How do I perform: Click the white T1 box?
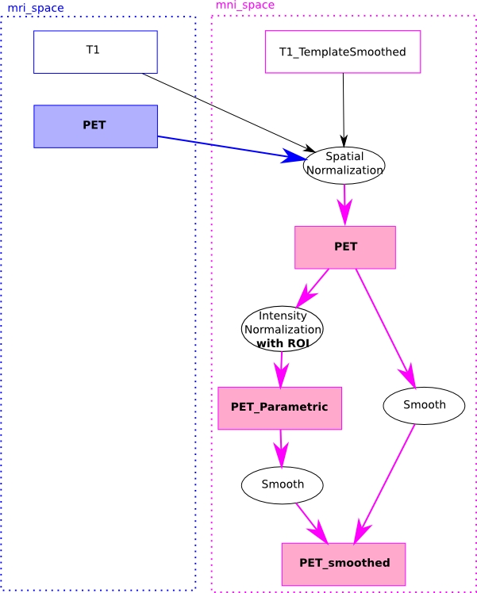coord(95,52)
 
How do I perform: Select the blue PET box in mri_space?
coord(95,126)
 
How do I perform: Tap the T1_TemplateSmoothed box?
coord(342,52)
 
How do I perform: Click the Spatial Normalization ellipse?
coord(344,165)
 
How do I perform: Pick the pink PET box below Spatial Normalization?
coord(344,247)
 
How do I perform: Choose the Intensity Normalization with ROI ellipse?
coord(282,328)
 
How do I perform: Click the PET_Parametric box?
coord(279,407)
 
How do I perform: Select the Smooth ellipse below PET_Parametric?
coord(282,484)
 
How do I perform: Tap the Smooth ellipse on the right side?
coord(424,405)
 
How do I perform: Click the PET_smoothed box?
coord(343,564)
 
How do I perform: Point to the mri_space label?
coord(36,8)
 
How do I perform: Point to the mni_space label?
coord(245,6)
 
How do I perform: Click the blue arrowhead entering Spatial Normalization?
coord(294,156)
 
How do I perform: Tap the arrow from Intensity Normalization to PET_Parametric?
coord(281,368)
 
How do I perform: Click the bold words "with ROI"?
coord(282,343)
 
